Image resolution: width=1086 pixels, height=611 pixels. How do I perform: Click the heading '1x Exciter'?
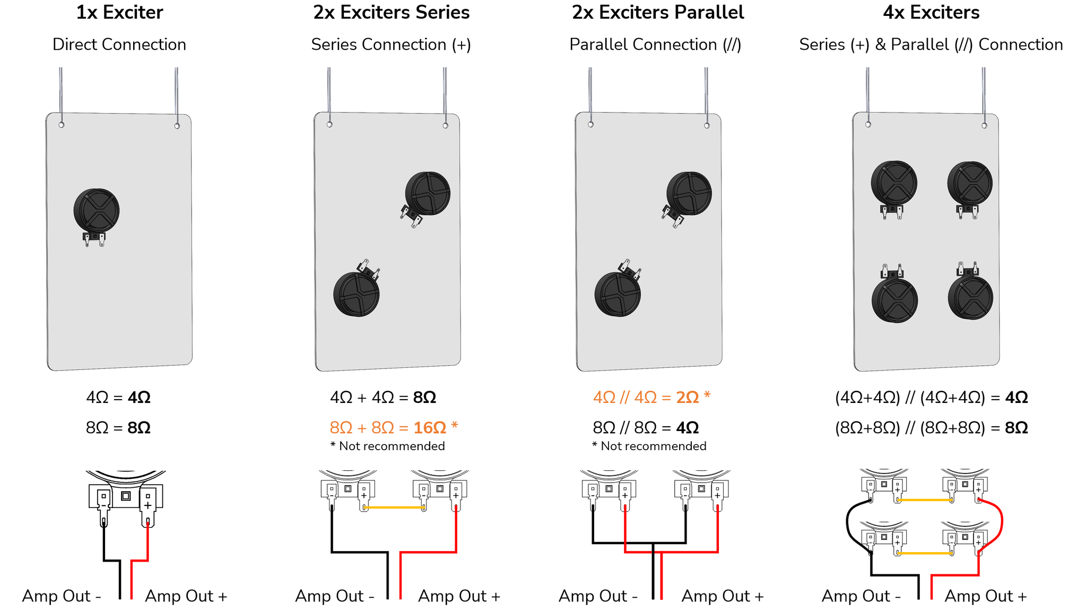119,12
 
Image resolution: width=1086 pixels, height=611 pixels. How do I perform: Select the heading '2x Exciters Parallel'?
657,12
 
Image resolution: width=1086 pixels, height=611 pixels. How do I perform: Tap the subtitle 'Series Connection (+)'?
391,45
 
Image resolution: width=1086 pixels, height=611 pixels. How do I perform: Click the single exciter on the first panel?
96,211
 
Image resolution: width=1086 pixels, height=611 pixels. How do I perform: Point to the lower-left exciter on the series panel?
356,294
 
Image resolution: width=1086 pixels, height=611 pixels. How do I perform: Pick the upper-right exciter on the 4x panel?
969,183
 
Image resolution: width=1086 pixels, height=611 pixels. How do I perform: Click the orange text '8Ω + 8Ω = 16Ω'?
393,427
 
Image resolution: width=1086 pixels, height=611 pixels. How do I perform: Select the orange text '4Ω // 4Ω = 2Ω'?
651,397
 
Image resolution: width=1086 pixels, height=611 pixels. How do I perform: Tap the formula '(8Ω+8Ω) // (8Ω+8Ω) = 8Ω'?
931,427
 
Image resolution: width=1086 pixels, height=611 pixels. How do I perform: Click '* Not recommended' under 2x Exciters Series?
387,446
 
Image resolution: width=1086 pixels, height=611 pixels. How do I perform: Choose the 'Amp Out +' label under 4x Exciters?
985,596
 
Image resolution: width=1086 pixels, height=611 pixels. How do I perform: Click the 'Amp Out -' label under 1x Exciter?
62,596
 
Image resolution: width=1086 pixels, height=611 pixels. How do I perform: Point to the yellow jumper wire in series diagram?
394,507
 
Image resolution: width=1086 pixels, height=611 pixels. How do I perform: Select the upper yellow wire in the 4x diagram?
924,500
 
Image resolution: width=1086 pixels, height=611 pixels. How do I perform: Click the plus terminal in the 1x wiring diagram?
147,505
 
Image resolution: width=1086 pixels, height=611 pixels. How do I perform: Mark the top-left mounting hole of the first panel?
62,124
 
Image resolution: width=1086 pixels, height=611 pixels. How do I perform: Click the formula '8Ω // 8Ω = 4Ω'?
646,427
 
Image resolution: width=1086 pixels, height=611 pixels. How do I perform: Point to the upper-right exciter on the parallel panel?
689,193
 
